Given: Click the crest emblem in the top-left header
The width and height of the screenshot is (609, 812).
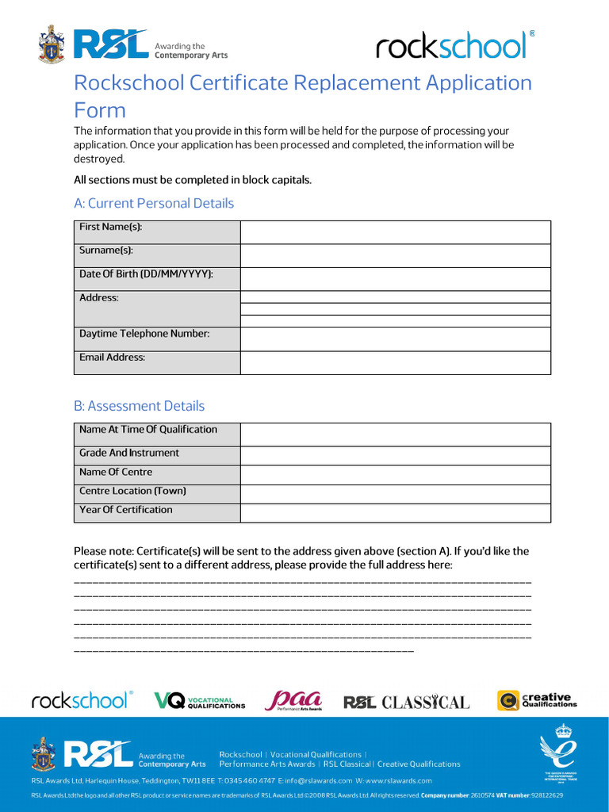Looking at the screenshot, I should pyautogui.click(x=52, y=44).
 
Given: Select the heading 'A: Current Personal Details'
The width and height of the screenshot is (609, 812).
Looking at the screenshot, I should pyautogui.click(x=154, y=203).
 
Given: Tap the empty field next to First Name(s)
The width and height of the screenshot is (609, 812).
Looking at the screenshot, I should pyautogui.click(x=395, y=232).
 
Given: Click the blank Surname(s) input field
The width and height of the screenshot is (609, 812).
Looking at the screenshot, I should pyautogui.click(x=395, y=255).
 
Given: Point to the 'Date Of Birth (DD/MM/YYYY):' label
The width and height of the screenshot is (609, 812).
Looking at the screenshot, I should pyautogui.click(x=147, y=274).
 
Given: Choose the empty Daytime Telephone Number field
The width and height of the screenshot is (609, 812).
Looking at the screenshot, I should pyautogui.click(x=395, y=339).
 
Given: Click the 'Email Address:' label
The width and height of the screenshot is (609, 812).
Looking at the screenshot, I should pyautogui.click(x=113, y=358).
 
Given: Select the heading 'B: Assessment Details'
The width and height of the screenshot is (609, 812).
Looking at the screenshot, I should pyautogui.click(x=139, y=406).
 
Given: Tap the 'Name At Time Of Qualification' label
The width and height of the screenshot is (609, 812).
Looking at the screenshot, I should pyautogui.click(x=148, y=430).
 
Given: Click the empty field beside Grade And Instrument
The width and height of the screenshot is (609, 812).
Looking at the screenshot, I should pyautogui.click(x=395, y=455).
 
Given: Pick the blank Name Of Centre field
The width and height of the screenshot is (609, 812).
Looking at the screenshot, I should pyautogui.click(x=395, y=475).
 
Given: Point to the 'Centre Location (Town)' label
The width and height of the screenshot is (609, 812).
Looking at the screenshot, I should pyautogui.click(x=132, y=491).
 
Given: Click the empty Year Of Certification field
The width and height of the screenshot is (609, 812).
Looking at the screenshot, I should pyautogui.click(x=395, y=513).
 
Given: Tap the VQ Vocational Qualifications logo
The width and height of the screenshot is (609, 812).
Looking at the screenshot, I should pyautogui.click(x=199, y=701).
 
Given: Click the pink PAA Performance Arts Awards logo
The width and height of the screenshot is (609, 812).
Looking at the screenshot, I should pyautogui.click(x=293, y=700).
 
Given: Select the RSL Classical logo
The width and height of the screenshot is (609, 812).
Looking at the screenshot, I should pyautogui.click(x=406, y=703).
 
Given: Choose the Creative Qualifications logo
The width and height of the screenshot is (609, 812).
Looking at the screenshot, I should pyautogui.click(x=537, y=700).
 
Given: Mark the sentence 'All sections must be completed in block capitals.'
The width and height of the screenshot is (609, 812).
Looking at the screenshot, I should pyautogui.click(x=193, y=180).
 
